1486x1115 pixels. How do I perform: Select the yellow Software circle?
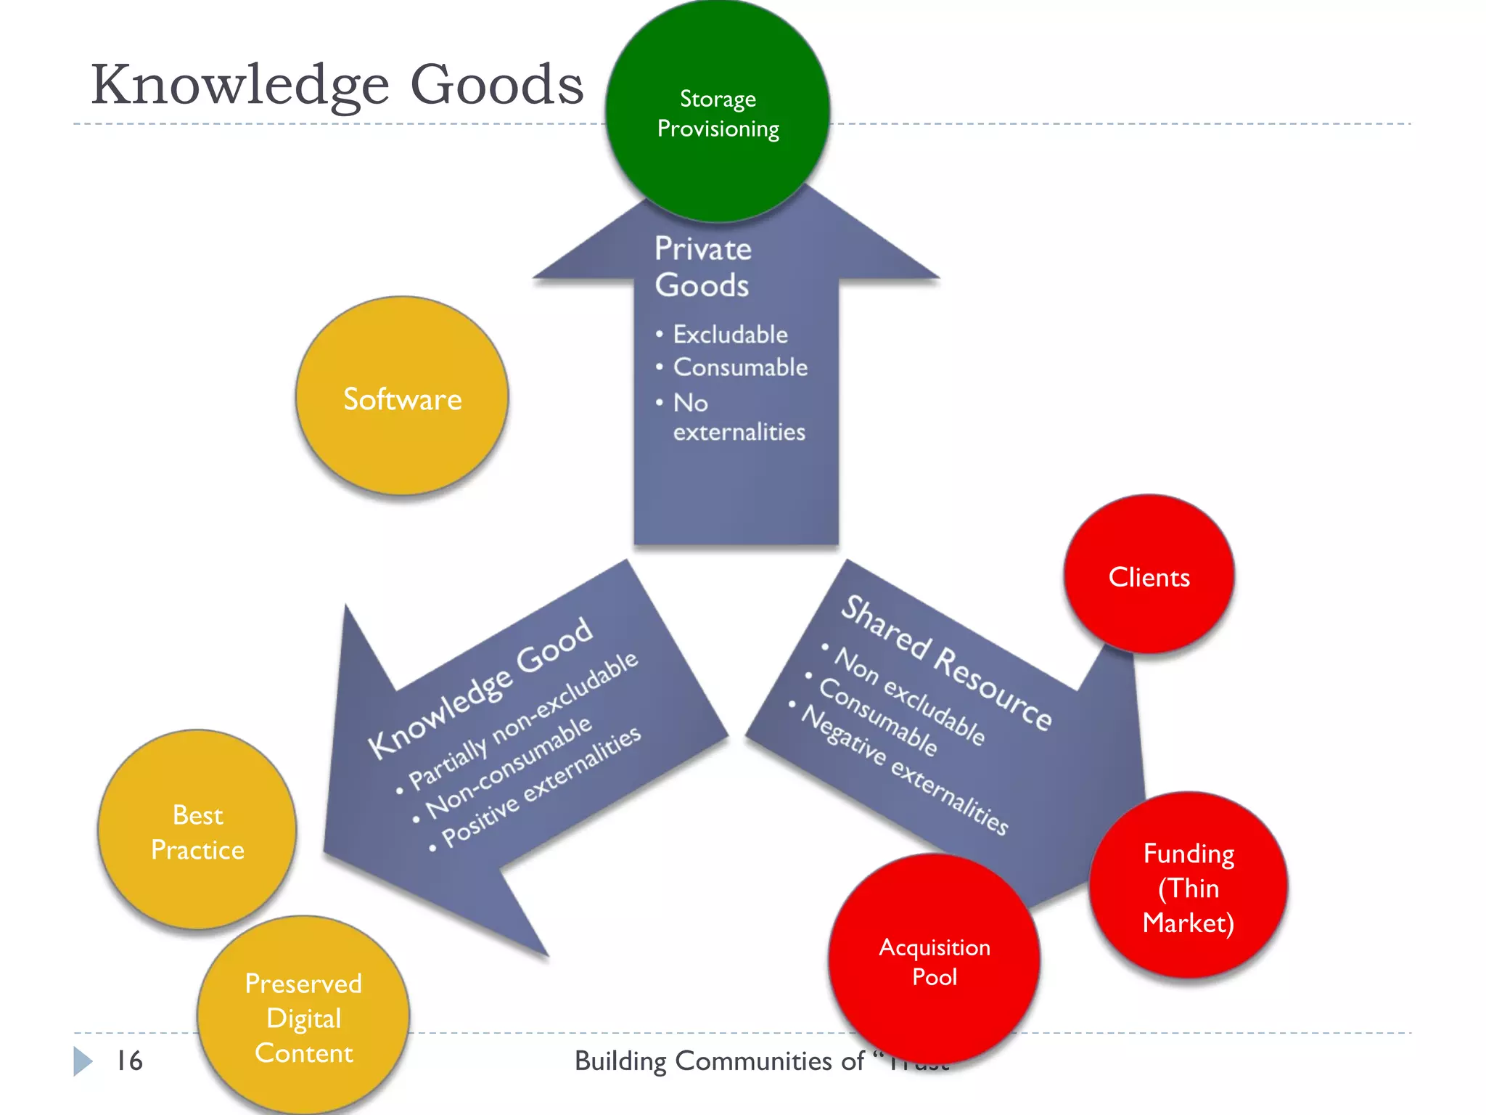point(402,396)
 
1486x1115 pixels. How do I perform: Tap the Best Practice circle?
point(197,830)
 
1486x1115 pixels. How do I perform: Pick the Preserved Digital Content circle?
point(303,1016)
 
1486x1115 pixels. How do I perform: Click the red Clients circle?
point(1149,575)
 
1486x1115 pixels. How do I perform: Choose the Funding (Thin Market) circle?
point(1188,886)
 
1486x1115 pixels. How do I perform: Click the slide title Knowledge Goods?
point(337,84)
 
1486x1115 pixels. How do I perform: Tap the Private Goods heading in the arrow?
point(702,266)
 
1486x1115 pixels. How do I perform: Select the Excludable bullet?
point(729,335)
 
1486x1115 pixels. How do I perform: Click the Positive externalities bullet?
point(541,787)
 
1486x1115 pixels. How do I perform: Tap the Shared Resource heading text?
point(945,663)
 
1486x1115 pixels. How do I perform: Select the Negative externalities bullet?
point(904,771)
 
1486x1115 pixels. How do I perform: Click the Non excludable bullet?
point(909,695)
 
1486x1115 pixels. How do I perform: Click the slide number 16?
point(129,1061)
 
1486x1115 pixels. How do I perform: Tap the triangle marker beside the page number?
point(82,1061)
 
